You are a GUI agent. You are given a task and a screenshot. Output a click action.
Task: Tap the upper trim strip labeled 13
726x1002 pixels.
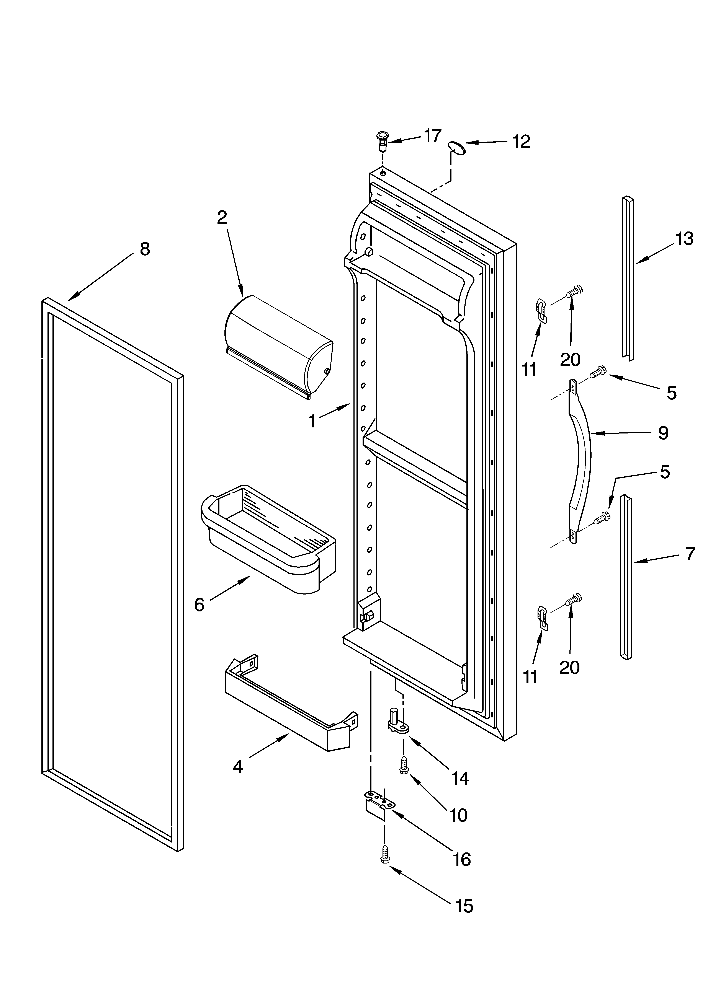click(628, 278)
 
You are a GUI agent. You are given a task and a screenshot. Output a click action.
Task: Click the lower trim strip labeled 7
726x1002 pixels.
click(626, 579)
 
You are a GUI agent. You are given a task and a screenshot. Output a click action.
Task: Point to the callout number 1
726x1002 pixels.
click(312, 422)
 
